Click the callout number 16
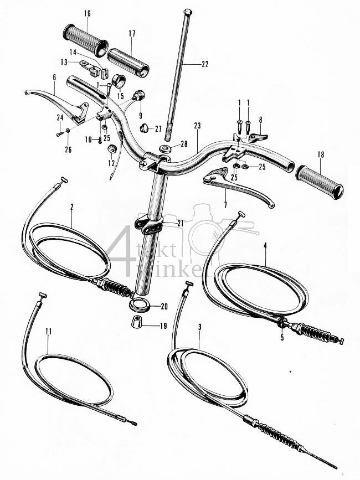pos(87,13)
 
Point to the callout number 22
pos(205,64)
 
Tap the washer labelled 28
pos(165,149)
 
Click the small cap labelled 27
pos(144,129)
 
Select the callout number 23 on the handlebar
pos(198,125)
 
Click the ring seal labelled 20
pos(141,305)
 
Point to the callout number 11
pos(49,332)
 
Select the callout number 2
pos(71,207)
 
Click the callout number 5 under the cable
pos(282,337)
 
